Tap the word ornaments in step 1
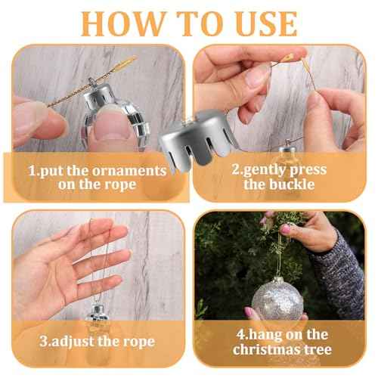129,171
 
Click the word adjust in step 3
73,342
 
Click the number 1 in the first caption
33,171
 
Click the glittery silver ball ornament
277,299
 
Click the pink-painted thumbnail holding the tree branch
286,230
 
